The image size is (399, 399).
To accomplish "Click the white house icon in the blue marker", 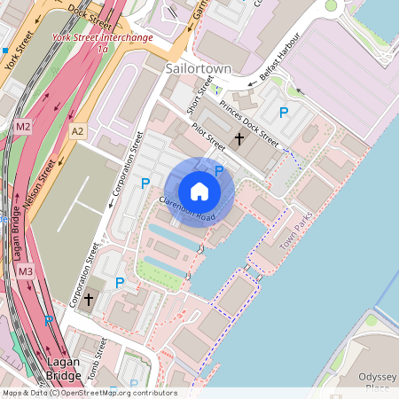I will coord(199,192).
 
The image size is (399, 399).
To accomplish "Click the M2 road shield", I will coord(24,128).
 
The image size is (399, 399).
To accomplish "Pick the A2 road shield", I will coord(78,131).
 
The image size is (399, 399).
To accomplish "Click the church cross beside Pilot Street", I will coord(238,139).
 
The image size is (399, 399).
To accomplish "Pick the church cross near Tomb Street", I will coord(88,301).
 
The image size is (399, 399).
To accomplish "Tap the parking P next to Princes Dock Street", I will coord(284,113).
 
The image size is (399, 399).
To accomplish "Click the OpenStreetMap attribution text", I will coord(89,393).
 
